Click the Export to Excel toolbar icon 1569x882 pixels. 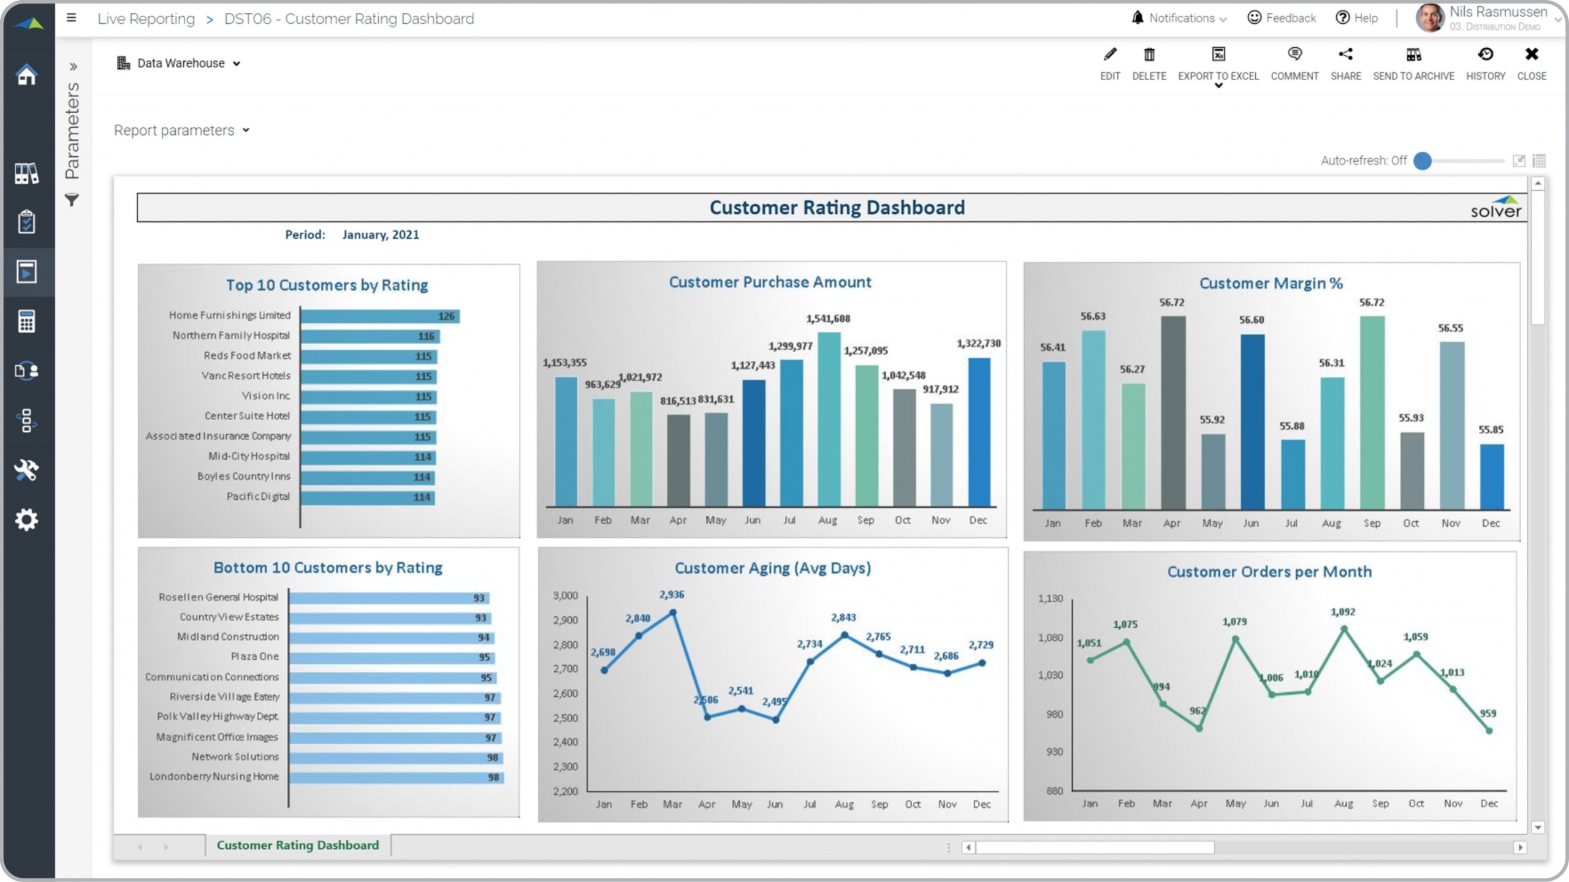click(1218, 55)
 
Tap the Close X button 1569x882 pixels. click(1532, 55)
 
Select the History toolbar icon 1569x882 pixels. click(1486, 55)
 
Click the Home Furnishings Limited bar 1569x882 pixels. click(380, 316)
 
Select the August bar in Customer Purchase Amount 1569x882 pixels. click(829, 420)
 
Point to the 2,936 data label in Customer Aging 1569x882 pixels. click(672, 595)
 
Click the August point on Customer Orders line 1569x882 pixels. click(1344, 629)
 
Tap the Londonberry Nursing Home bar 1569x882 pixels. click(396, 777)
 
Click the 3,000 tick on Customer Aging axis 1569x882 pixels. click(565, 596)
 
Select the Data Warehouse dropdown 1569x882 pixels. click(179, 63)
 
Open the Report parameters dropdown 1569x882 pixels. click(181, 130)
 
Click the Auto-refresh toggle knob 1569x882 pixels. click(1423, 161)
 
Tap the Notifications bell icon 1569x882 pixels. click(1138, 18)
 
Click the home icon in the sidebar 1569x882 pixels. click(27, 75)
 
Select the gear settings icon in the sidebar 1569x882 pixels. click(27, 520)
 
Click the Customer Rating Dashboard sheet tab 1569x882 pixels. click(298, 845)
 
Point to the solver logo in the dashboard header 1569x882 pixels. click(1495, 208)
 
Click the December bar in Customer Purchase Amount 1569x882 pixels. click(979, 432)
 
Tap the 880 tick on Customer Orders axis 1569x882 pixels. click(1054, 791)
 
